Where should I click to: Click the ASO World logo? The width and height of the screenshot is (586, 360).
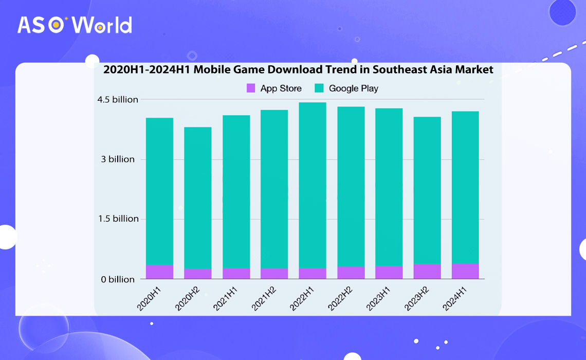click(x=75, y=25)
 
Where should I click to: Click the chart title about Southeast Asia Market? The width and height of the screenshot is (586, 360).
click(x=298, y=69)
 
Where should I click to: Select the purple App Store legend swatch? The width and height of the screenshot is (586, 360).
click(x=251, y=88)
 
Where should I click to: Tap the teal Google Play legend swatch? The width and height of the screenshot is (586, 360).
click(x=319, y=88)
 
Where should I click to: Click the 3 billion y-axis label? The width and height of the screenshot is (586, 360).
click(x=118, y=159)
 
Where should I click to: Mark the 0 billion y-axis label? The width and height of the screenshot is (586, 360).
click(x=117, y=279)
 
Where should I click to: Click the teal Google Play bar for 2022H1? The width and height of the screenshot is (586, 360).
click(x=313, y=185)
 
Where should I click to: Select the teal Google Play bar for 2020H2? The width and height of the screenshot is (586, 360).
click(x=198, y=198)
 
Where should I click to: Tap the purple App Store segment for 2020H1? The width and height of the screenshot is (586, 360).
click(x=159, y=272)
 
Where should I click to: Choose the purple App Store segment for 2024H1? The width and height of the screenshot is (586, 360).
click(x=465, y=271)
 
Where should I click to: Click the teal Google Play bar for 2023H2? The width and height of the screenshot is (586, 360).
click(x=427, y=190)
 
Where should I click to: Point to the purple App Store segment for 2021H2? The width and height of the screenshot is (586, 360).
click(x=274, y=274)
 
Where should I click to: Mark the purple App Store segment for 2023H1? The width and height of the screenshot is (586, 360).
click(x=389, y=273)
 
